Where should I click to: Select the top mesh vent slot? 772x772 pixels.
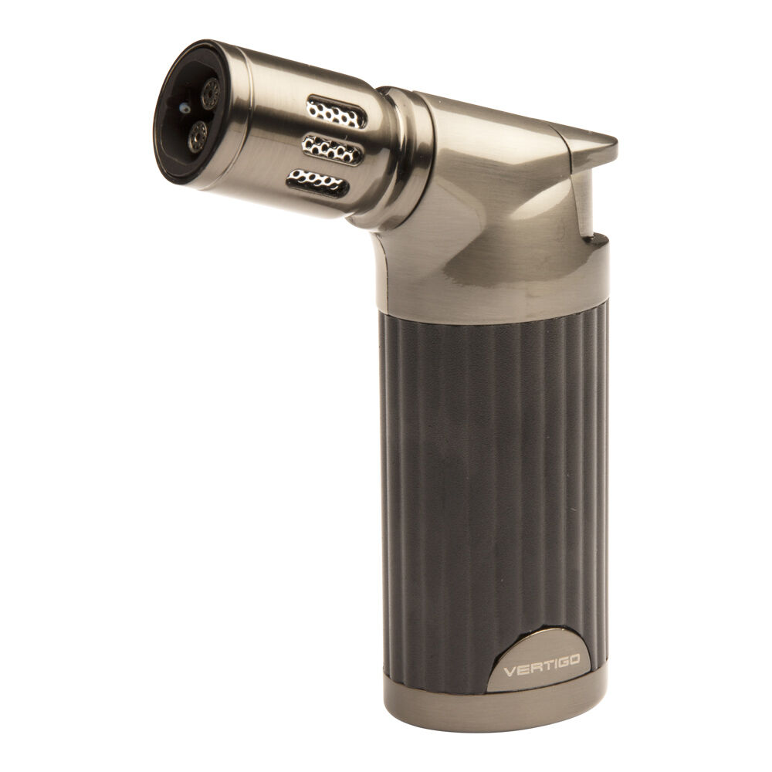click(336, 114)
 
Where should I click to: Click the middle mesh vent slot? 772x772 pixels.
click(331, 148)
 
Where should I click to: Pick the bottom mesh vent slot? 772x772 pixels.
click(317, 182)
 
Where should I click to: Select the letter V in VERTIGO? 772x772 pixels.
click(509, 671)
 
